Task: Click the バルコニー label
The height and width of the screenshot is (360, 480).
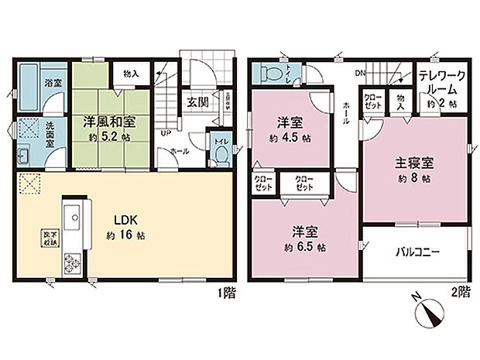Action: [x=418, y=252]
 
